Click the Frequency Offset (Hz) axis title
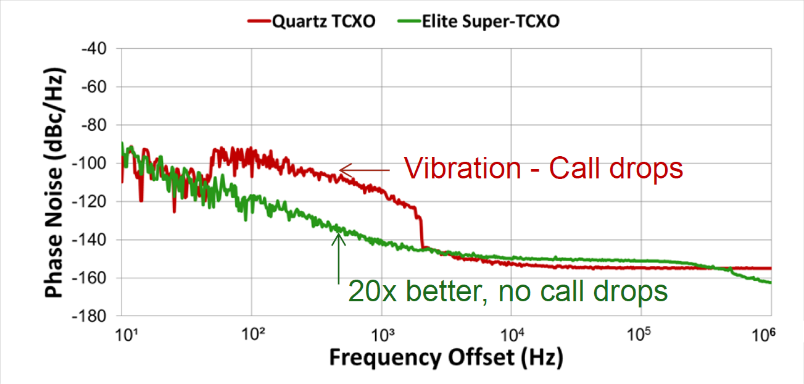tap(446, 358)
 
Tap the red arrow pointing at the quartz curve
tap(364, 170)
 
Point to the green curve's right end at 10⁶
tap(770, 283)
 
